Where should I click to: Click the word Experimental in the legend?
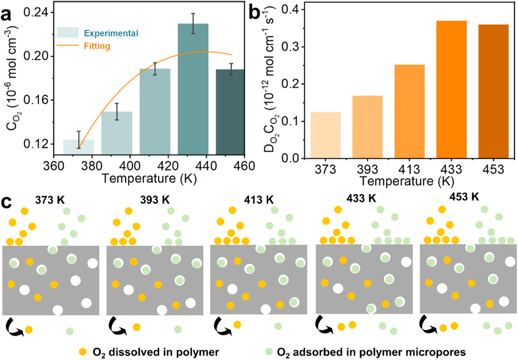(111, 33)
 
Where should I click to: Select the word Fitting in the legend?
(97, 46)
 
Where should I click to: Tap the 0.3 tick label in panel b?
(290, 47)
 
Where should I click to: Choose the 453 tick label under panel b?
(493, 169)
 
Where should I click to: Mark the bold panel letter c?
(6, 202)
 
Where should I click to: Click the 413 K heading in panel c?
(259, 200)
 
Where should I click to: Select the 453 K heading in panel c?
(464, 197)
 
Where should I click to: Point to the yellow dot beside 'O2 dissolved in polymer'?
(83, 352)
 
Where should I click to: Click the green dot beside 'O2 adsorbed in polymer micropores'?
(269, 352)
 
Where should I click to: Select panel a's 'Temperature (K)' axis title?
(149, 179)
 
